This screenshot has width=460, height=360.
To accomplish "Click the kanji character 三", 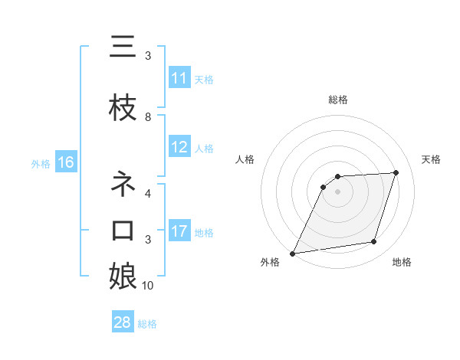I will (123, 47).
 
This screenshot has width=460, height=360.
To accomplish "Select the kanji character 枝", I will (123, 109).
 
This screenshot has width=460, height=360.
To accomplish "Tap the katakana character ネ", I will (123, 185).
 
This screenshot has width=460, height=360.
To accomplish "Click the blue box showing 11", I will (179, 78).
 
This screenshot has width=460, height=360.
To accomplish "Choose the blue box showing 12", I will (179, 147).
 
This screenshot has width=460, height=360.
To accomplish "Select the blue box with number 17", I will (179, 231).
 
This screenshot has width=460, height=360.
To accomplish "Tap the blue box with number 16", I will (65, 162).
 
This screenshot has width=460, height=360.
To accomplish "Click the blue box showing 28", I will (122, 322).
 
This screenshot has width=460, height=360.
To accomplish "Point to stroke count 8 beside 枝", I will (148, 117).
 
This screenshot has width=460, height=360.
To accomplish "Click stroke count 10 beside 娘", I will (148, 286).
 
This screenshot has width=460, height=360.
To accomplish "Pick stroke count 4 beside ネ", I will (148, 194).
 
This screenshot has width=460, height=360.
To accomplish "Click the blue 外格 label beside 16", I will (41, 163).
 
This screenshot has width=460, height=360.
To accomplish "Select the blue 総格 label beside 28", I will (147, 323).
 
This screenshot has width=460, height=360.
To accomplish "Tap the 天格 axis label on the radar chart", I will (432, 159).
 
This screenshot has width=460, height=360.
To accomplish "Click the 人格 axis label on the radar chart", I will (245, 159).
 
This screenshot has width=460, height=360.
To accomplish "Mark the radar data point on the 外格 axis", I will (293, 253).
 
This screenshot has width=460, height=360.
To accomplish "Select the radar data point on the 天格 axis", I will (396, 172).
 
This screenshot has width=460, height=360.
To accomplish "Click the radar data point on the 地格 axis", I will (374, 242).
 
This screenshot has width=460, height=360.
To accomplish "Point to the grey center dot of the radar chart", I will (337, 191).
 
